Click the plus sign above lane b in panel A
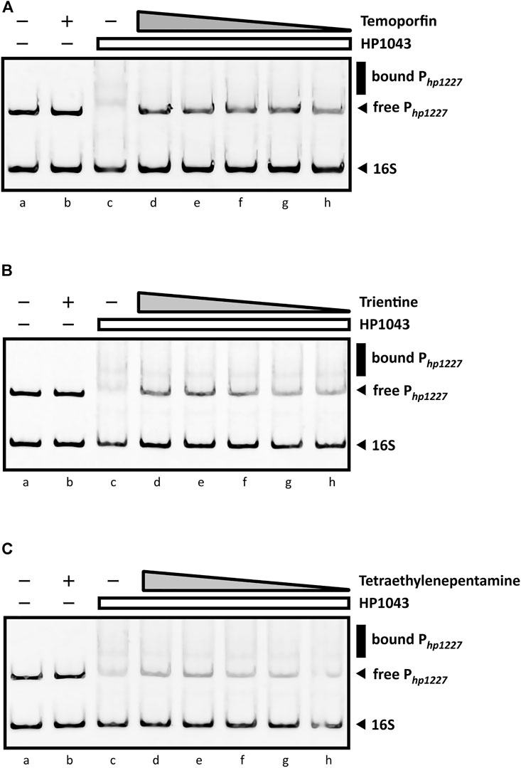pos(68,22)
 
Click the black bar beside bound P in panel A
pos(361,78)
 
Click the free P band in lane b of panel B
pos(68,392)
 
